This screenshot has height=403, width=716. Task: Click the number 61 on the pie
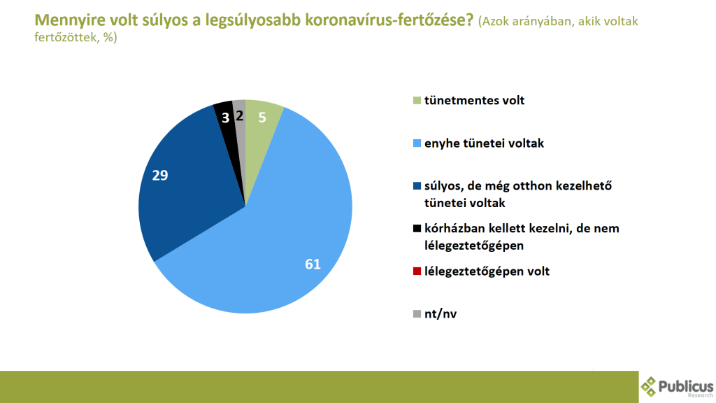click(313, 264)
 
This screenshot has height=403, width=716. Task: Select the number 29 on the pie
click(160, 176)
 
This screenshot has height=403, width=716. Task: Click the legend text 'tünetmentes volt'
click(475, 101)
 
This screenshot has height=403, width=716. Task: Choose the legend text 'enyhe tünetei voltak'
click(484, 143)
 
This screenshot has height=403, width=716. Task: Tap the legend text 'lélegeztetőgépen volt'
click(487, 271)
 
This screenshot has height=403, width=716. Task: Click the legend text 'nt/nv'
click(441, 314)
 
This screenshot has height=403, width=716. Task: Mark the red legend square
click(417, 271)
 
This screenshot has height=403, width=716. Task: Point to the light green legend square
click(417, 100)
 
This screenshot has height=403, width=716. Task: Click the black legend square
click(417, 228)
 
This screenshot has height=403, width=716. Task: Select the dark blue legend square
click(417, 185)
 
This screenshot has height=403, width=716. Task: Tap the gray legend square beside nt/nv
click(417, 313)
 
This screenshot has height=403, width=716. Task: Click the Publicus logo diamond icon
click(648, 386)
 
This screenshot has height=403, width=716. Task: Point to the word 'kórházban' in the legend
click(452, 229)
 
